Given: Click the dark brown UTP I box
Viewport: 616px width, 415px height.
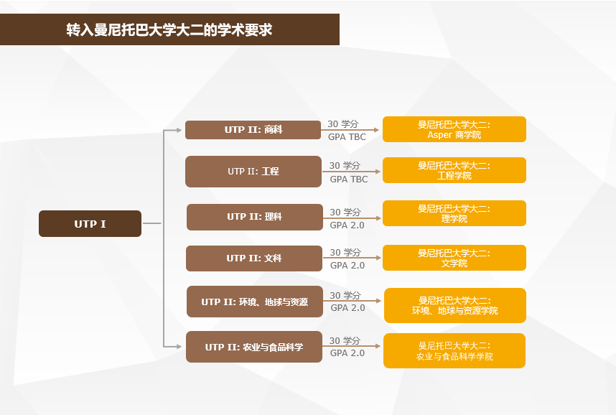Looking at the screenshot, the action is pyautogui.click(x=90, y=223).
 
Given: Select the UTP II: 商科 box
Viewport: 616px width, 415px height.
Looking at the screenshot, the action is pyautogui.click(x=253, y=130).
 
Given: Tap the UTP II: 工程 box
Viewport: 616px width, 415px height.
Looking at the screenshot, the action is pyautogui.click(x=253, y=172).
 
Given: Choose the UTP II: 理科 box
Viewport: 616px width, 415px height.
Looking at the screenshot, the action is pyautogui.click(x=255, y=217).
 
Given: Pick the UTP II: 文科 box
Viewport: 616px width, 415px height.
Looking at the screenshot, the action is pyautogui.click(x=254, y=258).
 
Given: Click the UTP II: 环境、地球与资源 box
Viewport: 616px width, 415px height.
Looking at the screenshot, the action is pyautogui.click(x=255, y=302).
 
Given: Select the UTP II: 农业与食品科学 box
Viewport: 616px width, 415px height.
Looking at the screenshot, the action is pyautogui.click(x=254, y=347).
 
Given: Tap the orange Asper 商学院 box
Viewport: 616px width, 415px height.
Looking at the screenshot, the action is pyautogui.click(x=454, y=129).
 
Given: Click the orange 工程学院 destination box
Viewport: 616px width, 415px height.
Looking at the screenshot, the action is pyautogui.click(x=454, y=170).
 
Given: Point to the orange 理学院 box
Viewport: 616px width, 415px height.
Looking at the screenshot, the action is pyautogui.click(x=454, y=213).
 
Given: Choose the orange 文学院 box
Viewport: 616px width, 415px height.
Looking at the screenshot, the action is pyautogui.click(x=454, y=258).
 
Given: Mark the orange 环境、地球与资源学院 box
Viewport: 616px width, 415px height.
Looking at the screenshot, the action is pyautogui.click(x=455, y=305).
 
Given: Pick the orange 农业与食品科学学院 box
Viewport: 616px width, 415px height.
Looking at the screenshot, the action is pyautogui.click(x=454, y=350).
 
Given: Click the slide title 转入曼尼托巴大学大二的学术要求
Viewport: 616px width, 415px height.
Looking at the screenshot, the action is pyautogui.click(x=169, y=30).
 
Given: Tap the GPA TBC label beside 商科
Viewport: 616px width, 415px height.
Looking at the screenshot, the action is pyautogui.click(x=347, y=136).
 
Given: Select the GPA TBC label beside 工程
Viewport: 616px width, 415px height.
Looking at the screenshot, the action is pyautogui.click(x=349, y=179).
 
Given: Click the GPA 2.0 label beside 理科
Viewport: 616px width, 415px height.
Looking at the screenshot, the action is pyautogui.click(x=347, y=225).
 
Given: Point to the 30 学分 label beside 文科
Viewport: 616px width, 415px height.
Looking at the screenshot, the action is pyautogui.click(x=345, y=252).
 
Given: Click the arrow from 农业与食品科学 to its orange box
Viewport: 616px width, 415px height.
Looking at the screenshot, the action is pyautogui.click(x=351, y=346).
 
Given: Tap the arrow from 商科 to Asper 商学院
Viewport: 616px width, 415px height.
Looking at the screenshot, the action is pyautogui.click(x=350, y=130).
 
